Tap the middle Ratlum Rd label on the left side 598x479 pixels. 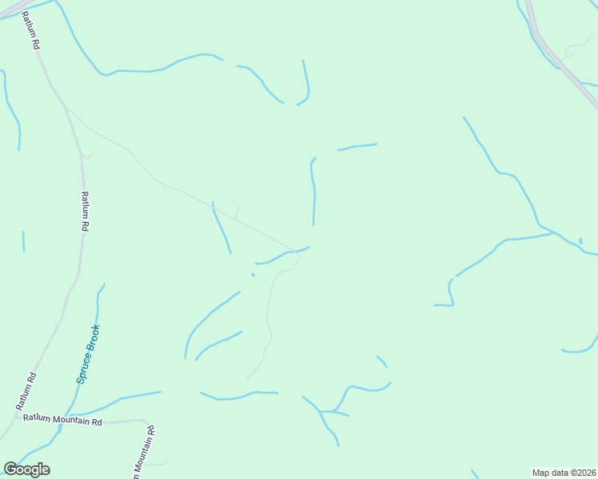(x=84, y=212)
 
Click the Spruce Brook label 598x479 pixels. (x=88, y=353)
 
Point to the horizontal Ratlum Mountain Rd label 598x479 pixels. (x=63, y=419)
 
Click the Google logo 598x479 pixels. (x=26, y=469)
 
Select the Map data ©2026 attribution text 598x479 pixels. (x=564, y=473)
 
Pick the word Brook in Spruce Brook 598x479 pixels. (x=93, y=338)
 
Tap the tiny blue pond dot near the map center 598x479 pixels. (x=253, y=275)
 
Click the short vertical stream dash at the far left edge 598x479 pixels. (x=23, y=240)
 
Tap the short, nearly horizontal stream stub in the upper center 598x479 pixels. (x=357, y=146)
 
